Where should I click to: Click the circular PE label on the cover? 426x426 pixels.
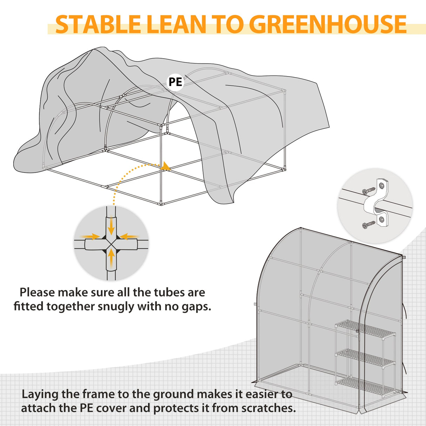(x=175, y=82)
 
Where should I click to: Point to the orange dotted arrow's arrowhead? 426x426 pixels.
(x=166, y=166)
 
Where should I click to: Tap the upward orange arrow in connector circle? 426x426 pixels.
(x=111, y=258)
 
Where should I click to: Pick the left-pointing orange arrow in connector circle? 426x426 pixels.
(x=130, y=237)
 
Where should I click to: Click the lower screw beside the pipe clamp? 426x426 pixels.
(x=369, y=224)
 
